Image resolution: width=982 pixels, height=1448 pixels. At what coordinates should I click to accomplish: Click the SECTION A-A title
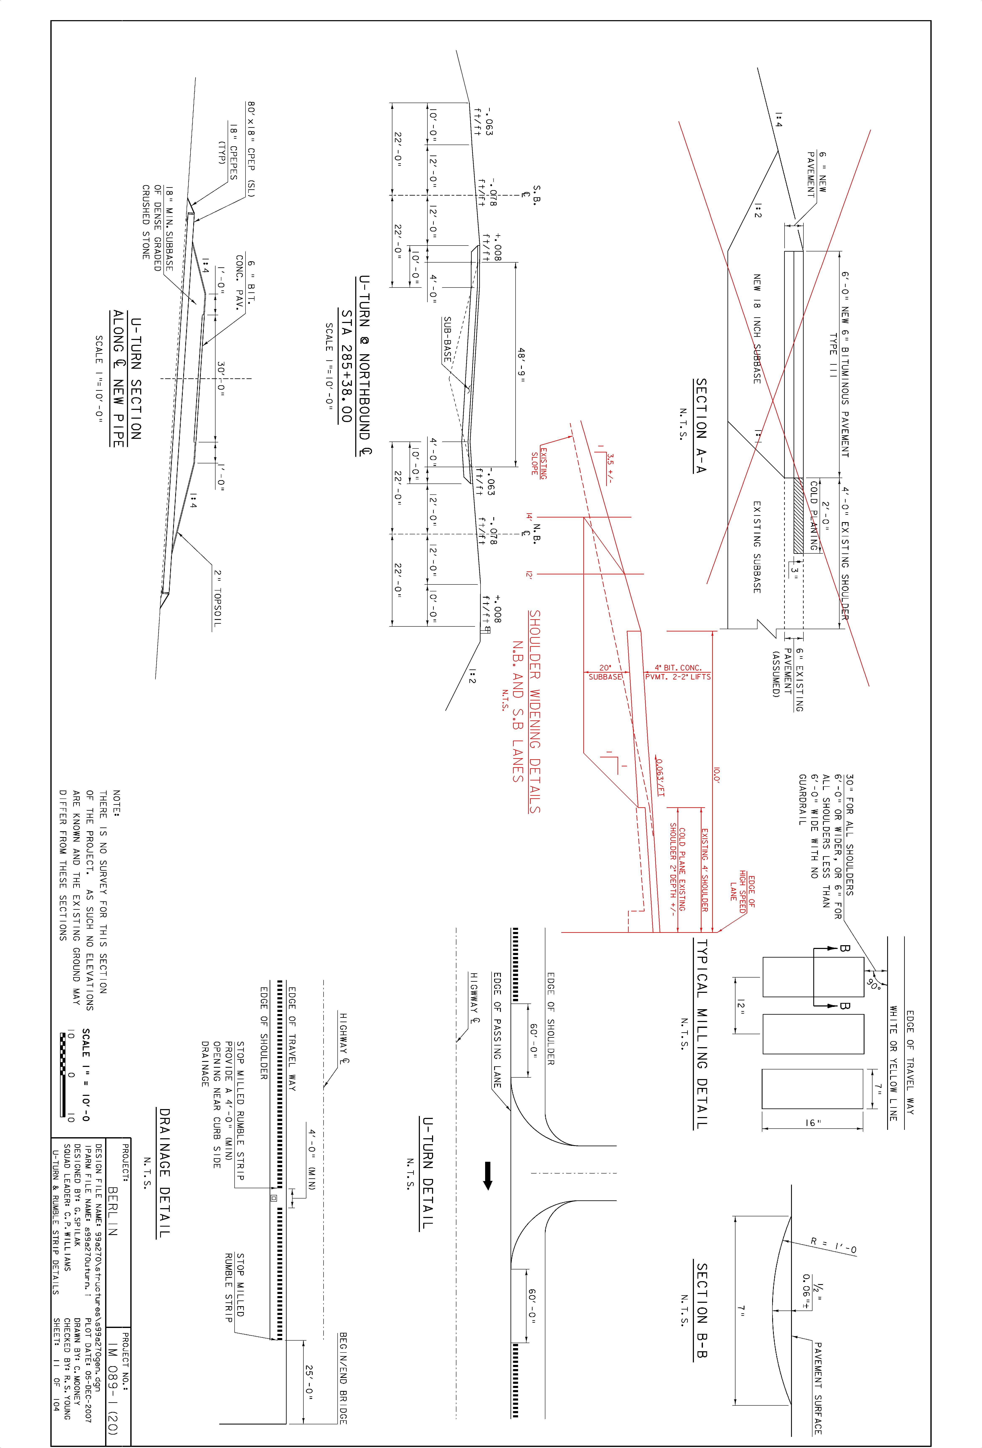(x=701, y=426)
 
